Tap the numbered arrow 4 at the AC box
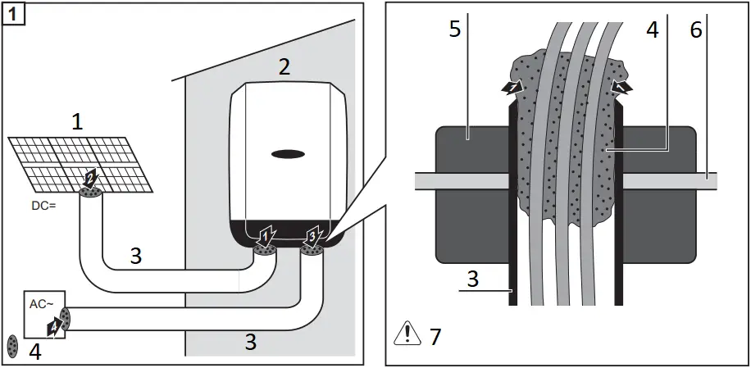(x=53, y=326)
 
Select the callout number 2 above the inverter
(x=284, y=68)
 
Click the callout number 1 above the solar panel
(x=77, y=122)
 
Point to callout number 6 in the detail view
(x=695, y=30)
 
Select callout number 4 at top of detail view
(x=652, y=30)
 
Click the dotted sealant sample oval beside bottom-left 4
(x=13, y=346)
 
